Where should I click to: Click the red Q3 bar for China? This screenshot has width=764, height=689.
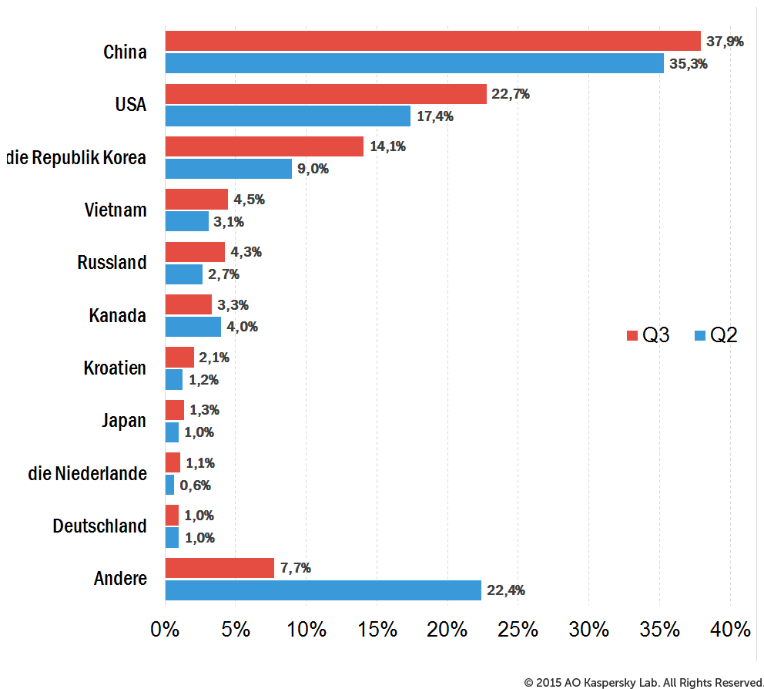click(x=433, y=41)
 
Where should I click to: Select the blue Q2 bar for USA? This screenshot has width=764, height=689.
click(x=287, y=116)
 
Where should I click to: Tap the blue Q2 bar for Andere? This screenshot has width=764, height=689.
click(x=323, y=590)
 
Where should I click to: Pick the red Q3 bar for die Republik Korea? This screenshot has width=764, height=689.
click(x=264, y=146)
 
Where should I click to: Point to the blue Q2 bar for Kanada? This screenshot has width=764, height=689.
click(x=193, y=327)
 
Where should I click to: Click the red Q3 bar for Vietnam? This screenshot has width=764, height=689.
click(x=196, y=199)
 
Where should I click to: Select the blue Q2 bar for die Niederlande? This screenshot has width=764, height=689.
click(x=169, y=485)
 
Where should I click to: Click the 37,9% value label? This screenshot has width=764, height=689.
click(x=725, y=42)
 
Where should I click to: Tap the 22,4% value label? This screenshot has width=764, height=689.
click(x=506, y=590)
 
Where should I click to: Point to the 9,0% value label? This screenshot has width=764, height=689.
click(x=313, y=169)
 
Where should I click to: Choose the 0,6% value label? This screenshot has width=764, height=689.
click(x=196, y=486)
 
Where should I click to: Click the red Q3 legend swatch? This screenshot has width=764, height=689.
click(x=632, y=335)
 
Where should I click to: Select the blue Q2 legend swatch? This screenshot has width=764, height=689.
click(x=699, y=335)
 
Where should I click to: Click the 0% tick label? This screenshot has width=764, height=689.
click(x=165, y=630)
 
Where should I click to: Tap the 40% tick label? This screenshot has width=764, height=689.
click(x=730, y=630)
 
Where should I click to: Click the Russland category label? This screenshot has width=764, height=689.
click(x=112, y=262)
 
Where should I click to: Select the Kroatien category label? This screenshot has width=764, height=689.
click(x=115, y=368)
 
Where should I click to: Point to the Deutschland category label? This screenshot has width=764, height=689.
click(x=99, y=526)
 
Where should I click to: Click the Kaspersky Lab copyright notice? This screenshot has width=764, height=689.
click(x=643, y=683)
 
